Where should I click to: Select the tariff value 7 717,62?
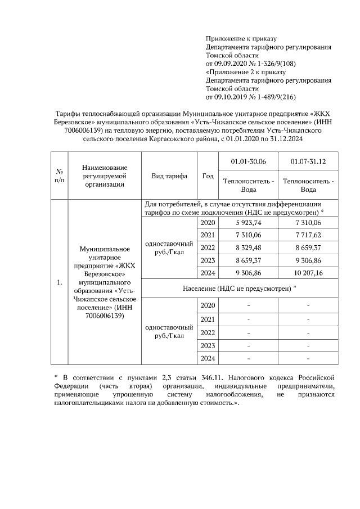pyautogui.click(x=308, y=235)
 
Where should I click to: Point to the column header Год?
pyautogui.click(x=208, y=175)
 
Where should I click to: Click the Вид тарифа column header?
pyautogui.click(x=169, y=175)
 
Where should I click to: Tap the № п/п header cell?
pyautogui.click(x=59, y=175)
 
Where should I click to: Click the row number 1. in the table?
pyautogui.click(x=59, y=282)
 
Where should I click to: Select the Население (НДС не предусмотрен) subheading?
pyautogui.click(x=239, y=288)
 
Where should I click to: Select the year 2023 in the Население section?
pyautogui.click(x=208, y=345)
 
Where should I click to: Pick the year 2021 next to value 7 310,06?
pyautogui.click(x=208, y=235)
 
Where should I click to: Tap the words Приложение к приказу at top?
pyautogui.click(x=238, y=39)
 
